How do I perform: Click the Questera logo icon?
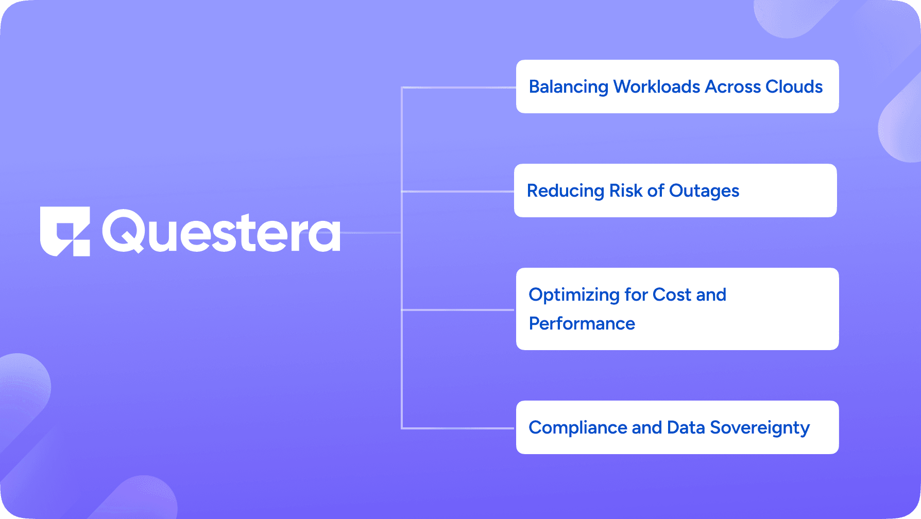(65, 231)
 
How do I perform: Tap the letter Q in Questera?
(124, 231)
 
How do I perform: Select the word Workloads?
(657, 86)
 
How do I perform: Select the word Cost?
(672, 295)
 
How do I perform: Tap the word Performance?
(582, 323)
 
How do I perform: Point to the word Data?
(686, 427)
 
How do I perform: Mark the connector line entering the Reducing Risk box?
(458, 192)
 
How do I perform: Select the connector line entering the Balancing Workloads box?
(459, 88)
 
